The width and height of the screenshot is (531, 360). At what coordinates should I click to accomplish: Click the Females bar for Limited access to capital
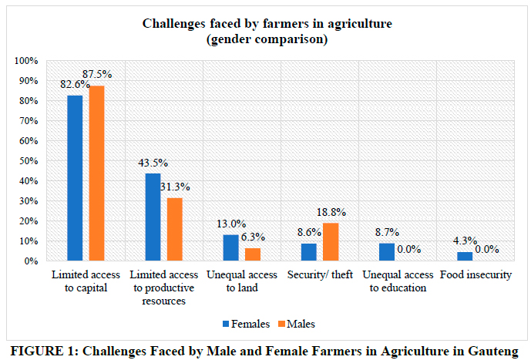(x=75, y=178)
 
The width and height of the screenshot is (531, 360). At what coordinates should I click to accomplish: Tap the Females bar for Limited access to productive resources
(x=153, y=217)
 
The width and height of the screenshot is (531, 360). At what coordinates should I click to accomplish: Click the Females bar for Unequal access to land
(x=230, y=248)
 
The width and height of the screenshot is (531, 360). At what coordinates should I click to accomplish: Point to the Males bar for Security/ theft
(x=330, y=242)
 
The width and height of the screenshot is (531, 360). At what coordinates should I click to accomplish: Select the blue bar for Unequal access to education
(x=386, y=252)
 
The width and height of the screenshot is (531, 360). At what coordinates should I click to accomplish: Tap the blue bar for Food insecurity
(x=464, y=257)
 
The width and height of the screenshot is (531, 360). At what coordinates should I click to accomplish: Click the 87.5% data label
(x=100, y=75)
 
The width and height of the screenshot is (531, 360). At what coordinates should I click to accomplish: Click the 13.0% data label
(x=229, y=225)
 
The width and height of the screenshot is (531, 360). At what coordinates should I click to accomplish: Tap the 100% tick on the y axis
(x=28, y=61)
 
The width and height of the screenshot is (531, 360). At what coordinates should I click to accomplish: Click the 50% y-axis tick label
(x=30, y=161)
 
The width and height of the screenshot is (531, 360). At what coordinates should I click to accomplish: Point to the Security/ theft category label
(x=319, y=275)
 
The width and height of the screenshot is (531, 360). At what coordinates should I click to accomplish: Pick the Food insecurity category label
(x=475, y=275)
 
